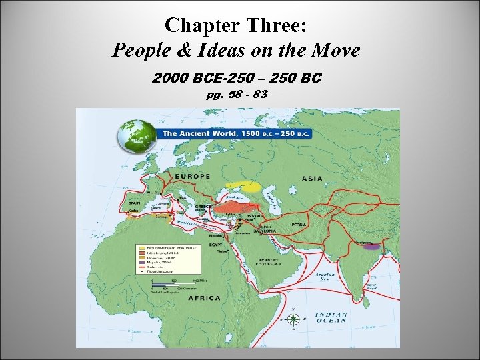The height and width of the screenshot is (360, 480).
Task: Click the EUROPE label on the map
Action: pos(193,177)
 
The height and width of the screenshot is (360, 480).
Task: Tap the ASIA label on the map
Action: pos(312,179)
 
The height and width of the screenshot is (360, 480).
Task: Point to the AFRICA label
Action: pos(204,298)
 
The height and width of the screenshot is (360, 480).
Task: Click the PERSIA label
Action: pos(299,225)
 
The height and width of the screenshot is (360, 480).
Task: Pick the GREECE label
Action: pos(204,206)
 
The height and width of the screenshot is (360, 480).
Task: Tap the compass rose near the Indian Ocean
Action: pos(293,319)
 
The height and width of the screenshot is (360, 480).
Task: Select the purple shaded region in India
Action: pos(373,247)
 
